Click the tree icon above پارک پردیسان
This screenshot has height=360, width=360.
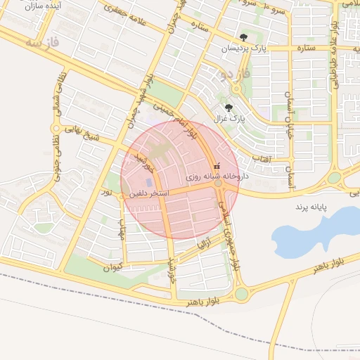click(x=243, y=37)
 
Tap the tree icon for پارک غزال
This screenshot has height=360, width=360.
click(x=229, y=108)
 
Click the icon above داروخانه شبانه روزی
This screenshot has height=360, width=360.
click(x=216, y=166)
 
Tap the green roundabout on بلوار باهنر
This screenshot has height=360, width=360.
click(x=242, y=294)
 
